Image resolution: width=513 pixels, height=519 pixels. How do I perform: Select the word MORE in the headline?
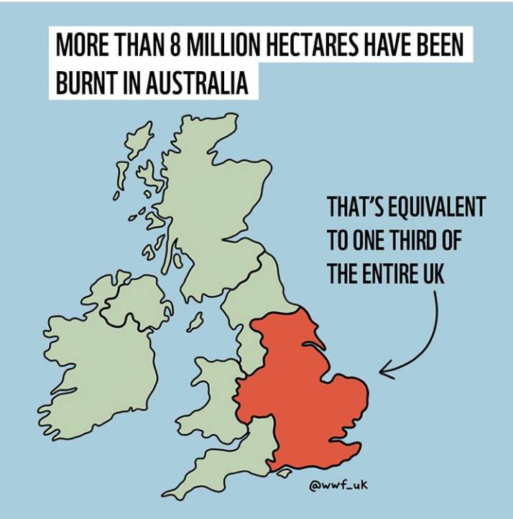76,48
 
